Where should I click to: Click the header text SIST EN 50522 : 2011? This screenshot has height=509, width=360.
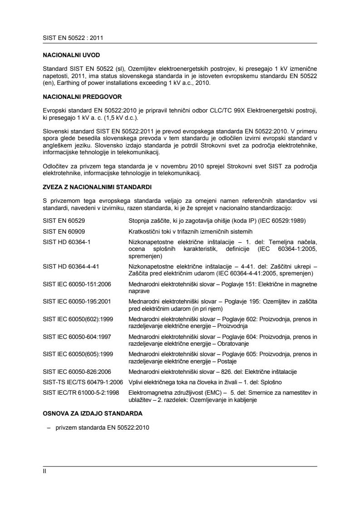point(70,38)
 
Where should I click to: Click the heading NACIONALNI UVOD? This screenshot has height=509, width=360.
point(68,54)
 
